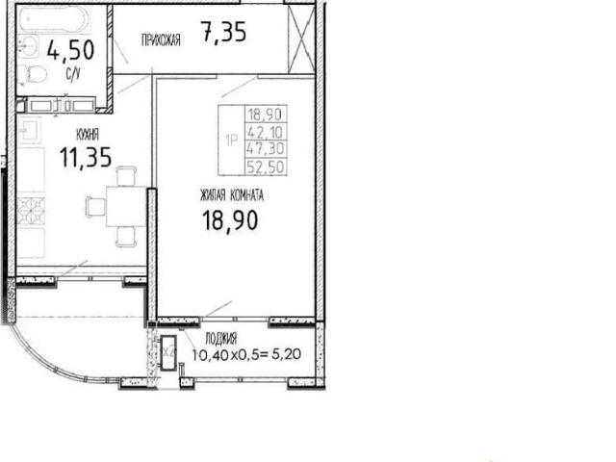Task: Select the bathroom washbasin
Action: pos(28,46)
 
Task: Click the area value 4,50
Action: pos(70,50)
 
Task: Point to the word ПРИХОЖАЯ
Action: pos(161,40)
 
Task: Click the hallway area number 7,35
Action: pos(223,32)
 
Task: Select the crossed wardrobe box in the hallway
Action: pos(301,39)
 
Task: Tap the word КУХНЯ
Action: pos(88,135)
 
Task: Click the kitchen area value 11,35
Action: pos(86,157)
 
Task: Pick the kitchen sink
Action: pos(29,130)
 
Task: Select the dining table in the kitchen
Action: pos(126,207)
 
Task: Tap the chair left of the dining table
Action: pos(96,207)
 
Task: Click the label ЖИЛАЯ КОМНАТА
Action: pos(232,195)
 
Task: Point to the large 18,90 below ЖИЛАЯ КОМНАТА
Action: pos(230,220)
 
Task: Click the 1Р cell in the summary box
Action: pos(232,140)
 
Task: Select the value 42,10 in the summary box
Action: pos(266,132)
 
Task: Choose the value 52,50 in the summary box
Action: pos(266,167)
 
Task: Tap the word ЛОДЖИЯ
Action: pos(220,339)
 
